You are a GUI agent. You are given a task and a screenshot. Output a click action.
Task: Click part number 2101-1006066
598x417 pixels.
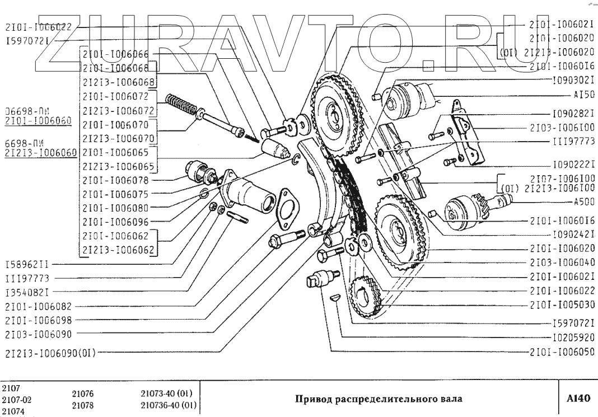point(115,54)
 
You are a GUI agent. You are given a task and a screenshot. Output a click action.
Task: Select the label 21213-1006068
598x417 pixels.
point(115,82)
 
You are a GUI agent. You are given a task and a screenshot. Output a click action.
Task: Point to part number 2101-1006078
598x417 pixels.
point(115,180)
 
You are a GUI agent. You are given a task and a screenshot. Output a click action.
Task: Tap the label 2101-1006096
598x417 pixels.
point(115,221)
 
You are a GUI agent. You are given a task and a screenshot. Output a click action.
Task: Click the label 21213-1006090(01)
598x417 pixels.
point(52,353)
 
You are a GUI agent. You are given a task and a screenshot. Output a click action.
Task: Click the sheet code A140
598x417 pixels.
point(578,399)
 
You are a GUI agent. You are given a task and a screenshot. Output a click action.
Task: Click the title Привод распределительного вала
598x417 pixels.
point(379,400)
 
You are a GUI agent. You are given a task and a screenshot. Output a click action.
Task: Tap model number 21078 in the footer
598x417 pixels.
point(82,405)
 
